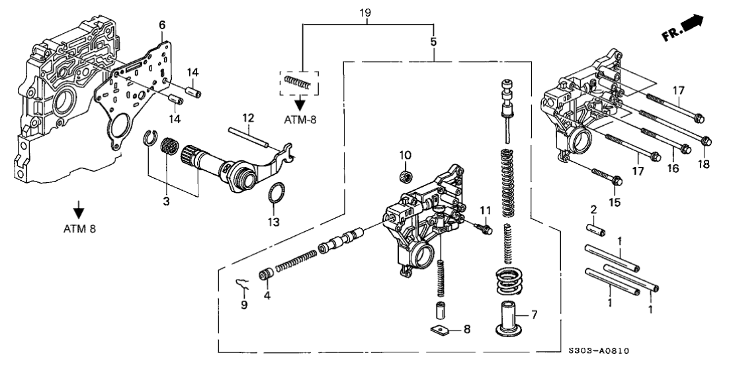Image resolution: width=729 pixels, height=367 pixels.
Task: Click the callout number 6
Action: [162, 25]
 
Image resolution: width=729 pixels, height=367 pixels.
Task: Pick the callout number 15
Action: [615, 201]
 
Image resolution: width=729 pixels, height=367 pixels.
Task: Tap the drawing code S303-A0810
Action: [598, 351]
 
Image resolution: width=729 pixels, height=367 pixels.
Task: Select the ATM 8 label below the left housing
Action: [79, 229]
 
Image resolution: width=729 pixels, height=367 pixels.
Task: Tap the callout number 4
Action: [267, 295]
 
